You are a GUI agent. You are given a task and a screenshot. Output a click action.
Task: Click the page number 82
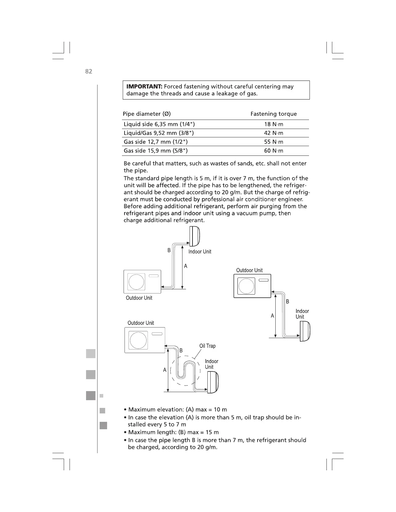pyautogui.click(x=89, y=71)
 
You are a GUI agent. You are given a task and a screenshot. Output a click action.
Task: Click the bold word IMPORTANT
pyautogui.click(x=144, y=87)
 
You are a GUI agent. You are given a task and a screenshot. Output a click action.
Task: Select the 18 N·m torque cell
pyautogui.click(x=273, y=124)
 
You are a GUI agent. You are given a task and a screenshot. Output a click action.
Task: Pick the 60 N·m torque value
pyautogui.click(x=273, y=151)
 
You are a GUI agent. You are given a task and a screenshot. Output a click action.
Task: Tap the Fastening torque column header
pyautogui.click(x=273, y=114)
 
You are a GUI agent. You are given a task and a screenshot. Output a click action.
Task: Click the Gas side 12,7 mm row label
pyautogui.click(x=156, y=142)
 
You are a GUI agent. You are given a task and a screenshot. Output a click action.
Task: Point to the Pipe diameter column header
pyautogui.click(x=147, y=114)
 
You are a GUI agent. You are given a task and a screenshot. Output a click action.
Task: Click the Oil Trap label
pyautogui.click(x=207, y=346)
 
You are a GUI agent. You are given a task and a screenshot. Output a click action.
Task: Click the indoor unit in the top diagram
pyautogui.click(x=195, y=236)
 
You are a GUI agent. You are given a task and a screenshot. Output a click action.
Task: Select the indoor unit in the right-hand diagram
pyautogui.click(x=305, y=331)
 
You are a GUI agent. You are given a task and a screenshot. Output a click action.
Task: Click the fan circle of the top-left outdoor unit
pyautogui.click(x=137, y=282)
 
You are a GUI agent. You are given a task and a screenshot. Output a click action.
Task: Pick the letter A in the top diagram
pyautogui.click(x=186, y=266)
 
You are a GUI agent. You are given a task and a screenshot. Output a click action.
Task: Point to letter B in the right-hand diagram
pyautogui.click(x=288, y=302)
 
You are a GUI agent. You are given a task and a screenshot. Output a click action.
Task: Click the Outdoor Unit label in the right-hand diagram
pyautogui.click(x=249, y=270)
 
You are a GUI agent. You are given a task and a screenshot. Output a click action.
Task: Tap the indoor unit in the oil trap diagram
pyautogui.click(x=213, y=382)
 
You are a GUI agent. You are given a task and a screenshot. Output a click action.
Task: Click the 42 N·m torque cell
pyautogui.click(x=273, y=133)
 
